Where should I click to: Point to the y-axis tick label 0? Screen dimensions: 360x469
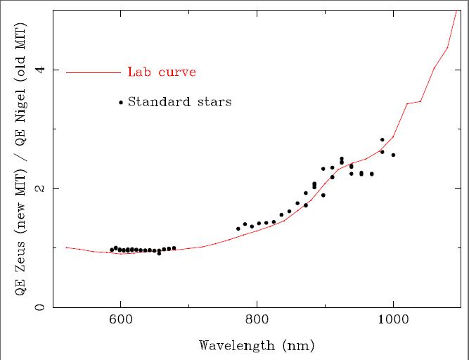coord(40,307)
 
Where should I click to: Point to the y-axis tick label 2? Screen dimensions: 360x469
coord(40,188)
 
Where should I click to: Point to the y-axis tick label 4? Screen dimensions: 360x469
coord(40,70)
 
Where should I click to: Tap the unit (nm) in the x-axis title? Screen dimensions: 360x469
coord(299,345)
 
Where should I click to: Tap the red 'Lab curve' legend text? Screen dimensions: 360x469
coord(162,72)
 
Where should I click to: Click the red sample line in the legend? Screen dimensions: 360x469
coord(94,72)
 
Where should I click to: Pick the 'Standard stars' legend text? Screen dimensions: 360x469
coord(179,102)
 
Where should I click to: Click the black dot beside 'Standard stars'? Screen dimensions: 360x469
coord(121,102)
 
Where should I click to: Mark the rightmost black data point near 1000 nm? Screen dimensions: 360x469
coord(393,155)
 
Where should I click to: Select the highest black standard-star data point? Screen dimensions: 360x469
coord(383,140)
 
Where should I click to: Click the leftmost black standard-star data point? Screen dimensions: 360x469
coord(112,250)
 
